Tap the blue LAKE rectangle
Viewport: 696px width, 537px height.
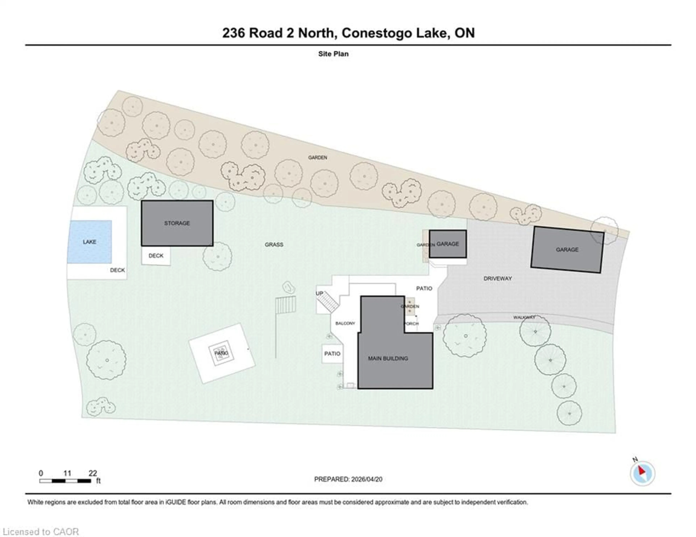click(90, 242)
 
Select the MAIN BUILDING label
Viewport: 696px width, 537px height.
click(388, 358)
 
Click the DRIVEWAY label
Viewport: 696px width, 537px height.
click(498, 278)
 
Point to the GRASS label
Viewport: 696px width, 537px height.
click(274, 245)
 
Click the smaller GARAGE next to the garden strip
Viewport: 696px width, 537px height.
click(448, 244)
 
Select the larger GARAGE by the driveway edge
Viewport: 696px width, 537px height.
click(567, 250)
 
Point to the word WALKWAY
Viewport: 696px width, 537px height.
click(524, 317)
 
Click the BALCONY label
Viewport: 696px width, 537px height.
click(345, 323)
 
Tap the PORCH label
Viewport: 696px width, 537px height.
click(411, 324)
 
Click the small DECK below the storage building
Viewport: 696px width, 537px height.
click(156, 256)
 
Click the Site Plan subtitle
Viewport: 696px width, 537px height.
click(333, 54)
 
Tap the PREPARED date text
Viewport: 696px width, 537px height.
click(348, 479)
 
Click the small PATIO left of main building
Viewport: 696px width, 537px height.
click(332, 353)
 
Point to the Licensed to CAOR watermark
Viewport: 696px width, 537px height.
click(41, 532)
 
